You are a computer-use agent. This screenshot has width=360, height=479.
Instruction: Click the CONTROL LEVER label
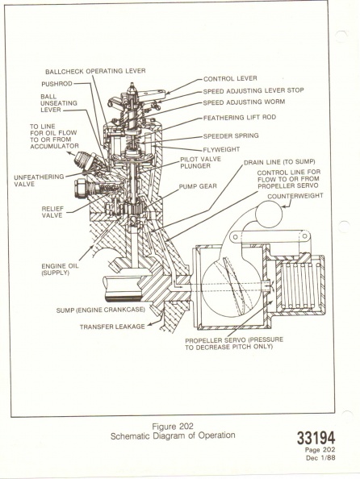pyautogui.click(x=230, y=78)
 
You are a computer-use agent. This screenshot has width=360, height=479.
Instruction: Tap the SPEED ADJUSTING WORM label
pyautogui.click(x=244, y=102)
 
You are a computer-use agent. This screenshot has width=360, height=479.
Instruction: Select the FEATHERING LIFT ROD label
pyautogui.click(x=240, y=118)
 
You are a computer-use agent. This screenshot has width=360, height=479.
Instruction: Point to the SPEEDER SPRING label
pyautogui.click(x=231, y=135)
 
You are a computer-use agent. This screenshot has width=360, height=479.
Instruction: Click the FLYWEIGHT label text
pyautogui.click(x=221, y=149)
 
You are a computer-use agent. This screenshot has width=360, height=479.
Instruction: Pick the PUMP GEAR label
pyautogui.click(x=198, y=186)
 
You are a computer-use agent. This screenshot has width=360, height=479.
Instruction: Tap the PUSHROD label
pyautogui.click(x=57, y=84)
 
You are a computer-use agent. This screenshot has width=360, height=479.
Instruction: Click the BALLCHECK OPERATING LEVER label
pyautogui.click(x=95, y=71)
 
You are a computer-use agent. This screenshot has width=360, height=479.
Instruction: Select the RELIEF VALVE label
pyautogui.click(x=52, y=212)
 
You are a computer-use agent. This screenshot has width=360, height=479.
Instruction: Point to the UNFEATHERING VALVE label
pyautogui.click(x=39, y=181)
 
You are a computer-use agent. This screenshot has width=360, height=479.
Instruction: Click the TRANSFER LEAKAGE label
pyautogui.click(x=112, y=327)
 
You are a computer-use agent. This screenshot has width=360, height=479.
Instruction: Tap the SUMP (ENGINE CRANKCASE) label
pyautogui.click(x=100, y=310)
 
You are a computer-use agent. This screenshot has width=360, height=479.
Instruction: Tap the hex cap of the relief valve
pyautogui.click(x=82, y=188)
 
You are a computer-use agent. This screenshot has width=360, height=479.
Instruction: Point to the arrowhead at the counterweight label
pyautogui.click(x=283, y=206)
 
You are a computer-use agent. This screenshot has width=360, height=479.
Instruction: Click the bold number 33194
pyautogui.click(x=316, y=438)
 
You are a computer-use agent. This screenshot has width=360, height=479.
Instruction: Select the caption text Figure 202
pyautogui.click(x=173, y=426)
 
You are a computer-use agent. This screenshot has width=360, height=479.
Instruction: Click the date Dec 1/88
pyautogui.click(x=320, y=457)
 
